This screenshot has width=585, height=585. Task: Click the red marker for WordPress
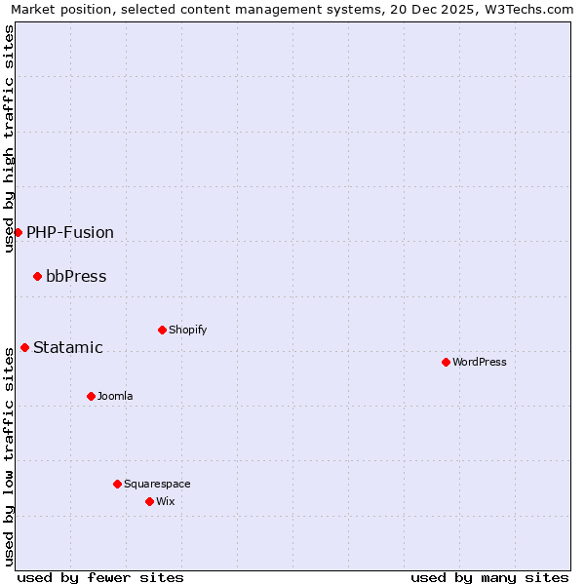(446, 362)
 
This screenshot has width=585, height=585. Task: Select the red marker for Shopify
(162, 330)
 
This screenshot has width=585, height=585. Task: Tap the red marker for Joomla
(91, 396)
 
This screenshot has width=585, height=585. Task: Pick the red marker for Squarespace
(117, 484)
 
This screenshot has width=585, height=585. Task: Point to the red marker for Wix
(149, 501)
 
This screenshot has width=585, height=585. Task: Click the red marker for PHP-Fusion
(18, 232)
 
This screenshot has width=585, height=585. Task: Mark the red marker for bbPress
(37, 276)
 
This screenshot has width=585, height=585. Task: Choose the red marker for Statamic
(24, 347)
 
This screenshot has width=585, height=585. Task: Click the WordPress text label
(480, 362)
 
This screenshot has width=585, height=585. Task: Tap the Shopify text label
(188, 330)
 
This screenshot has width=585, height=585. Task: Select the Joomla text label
(115, 396)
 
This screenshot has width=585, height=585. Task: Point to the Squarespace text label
(157, 484)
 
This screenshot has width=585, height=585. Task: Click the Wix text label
(165, 501)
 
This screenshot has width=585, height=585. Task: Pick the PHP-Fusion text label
(70, 232)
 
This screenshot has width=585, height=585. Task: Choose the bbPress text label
(76, 276)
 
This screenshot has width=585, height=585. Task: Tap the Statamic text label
(68, 347)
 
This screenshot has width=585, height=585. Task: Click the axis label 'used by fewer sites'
(100, 577)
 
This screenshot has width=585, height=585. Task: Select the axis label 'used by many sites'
(489, 577)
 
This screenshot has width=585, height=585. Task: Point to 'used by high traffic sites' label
(9, 138)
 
